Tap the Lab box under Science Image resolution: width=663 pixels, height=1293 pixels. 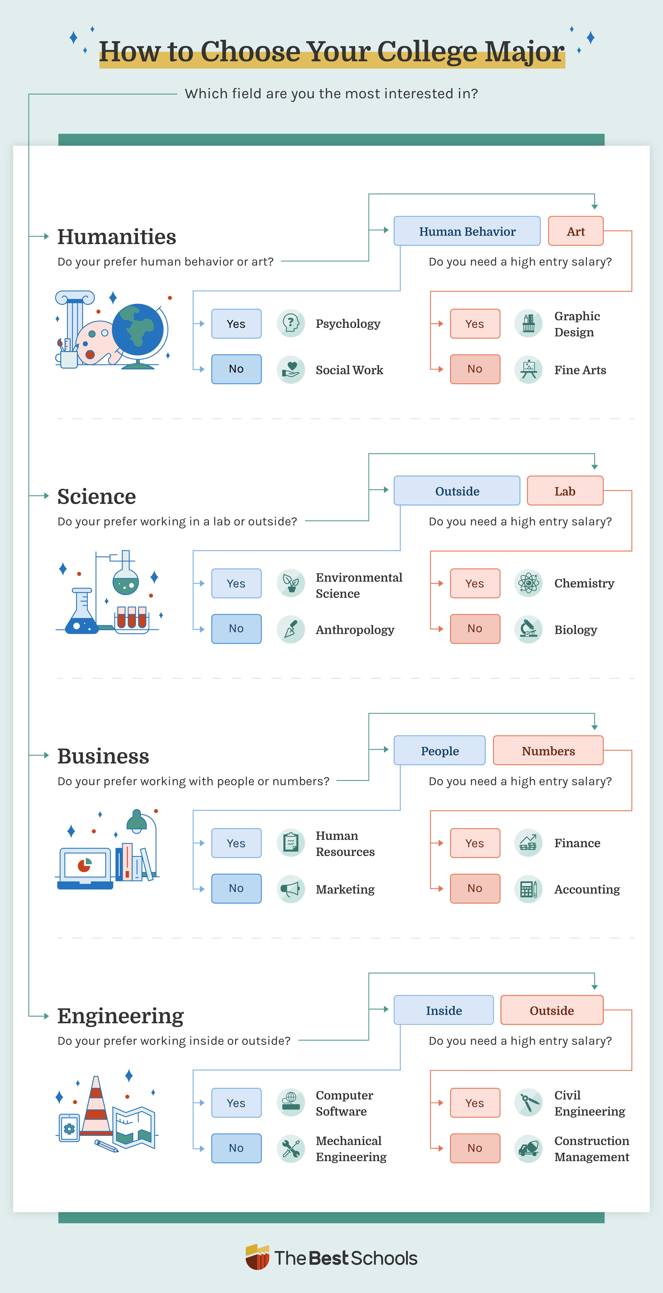click(565, 491)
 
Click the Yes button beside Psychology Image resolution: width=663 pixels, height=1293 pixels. click(236, 324)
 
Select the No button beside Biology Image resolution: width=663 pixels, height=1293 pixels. click(475, 628)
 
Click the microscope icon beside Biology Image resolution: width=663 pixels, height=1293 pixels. click(528, 629)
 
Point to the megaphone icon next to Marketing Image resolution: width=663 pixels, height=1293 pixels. click(291, 889)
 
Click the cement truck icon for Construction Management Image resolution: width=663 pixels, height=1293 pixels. click(528, 1148)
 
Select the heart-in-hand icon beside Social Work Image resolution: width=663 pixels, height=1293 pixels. click(291, 369)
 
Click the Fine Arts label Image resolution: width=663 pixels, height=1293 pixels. click(580, 370)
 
